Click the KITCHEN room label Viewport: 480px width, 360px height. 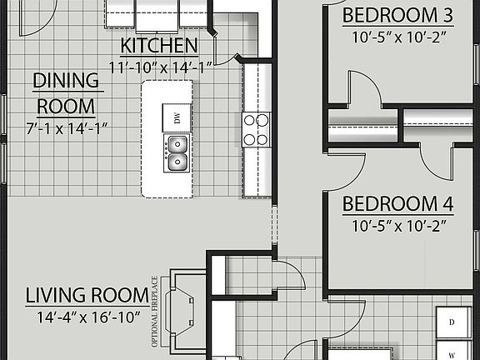point(159,45)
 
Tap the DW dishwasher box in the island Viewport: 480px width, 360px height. point(177,117)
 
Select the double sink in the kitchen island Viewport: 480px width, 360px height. point(177,153)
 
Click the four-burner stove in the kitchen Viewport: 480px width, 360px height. point(256,130)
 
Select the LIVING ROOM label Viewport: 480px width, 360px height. point(87,295)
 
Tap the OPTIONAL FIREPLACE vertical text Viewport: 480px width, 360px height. point(154,311)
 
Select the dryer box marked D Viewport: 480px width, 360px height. point(451,322)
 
